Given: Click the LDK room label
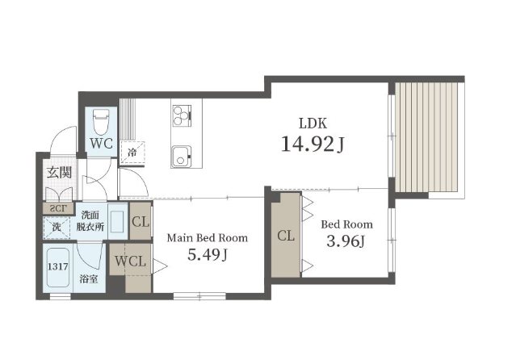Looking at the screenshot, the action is coord(313,123).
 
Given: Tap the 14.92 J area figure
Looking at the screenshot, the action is coord(313,144).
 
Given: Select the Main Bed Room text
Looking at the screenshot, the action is coord(208,237).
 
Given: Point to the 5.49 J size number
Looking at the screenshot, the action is coord(208,254).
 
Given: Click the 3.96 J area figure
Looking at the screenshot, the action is coord(346,241).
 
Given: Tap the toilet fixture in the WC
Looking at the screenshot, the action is coord(101,122).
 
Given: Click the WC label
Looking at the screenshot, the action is coord(102,144).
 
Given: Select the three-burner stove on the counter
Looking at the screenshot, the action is coord(182,115).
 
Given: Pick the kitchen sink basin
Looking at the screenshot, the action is coord(181,157).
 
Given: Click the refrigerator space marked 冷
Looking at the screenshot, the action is coord(132,153).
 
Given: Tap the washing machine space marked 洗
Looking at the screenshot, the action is coord(57,227).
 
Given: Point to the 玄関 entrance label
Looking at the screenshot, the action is coord(59,173).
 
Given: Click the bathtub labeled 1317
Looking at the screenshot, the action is coord(58,267).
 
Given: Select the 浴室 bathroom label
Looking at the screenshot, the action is coord(89,279).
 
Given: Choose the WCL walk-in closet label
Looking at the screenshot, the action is coord(130,262).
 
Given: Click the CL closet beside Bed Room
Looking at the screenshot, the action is coord(286,235).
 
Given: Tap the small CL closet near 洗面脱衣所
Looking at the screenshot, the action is coord(141,221).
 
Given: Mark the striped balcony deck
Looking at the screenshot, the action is coord(426,137).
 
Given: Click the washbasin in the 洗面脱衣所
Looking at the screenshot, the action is coord(117,221).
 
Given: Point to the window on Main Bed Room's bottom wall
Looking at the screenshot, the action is coord(199,296).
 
